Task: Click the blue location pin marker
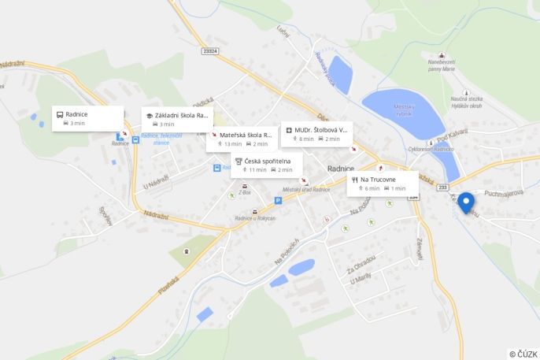pyautogui.click(x=466, y=202)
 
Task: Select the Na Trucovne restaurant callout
pyautogui.click(x=383, y=184)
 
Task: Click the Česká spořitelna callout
pyautogui.click(x=266, y=165)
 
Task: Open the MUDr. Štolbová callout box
pyautogui.click(x=316, y=134)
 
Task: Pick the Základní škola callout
pyautogui.click(x=177, y=119)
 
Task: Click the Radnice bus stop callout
pyautogui.click(x=87, y=117)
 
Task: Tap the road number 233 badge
pyautogui.click(x=442, y=187)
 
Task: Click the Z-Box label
pyautogui.click(x=245, y=192)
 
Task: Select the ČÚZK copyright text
pyautogui.click(x=523, y=354)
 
